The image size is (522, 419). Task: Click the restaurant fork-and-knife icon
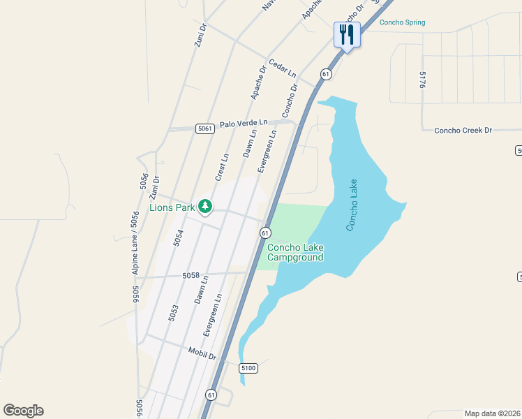coord(347,34)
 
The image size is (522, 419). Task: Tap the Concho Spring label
coord(402,22)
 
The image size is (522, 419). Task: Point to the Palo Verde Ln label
coord(244,124)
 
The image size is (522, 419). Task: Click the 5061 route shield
coord(204,128)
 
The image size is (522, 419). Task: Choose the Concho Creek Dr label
coord(463,131)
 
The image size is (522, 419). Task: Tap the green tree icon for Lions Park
coord(204,206)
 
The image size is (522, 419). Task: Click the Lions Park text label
coord(172,207)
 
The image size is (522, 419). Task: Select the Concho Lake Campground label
coord(295,252)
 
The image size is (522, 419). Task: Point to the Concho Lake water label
coord(355,205)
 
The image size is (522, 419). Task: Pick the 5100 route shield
coord(248,367)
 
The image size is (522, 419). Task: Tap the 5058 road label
coord(191,276)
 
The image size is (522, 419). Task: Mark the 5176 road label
coord(423,79)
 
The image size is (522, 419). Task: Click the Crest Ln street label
coord(222,168)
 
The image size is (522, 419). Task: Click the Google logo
coord(23,411)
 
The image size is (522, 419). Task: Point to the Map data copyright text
coord(492,413)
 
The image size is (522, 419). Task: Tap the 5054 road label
coord(179,239)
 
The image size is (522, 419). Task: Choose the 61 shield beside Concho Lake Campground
coord(265,232)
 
